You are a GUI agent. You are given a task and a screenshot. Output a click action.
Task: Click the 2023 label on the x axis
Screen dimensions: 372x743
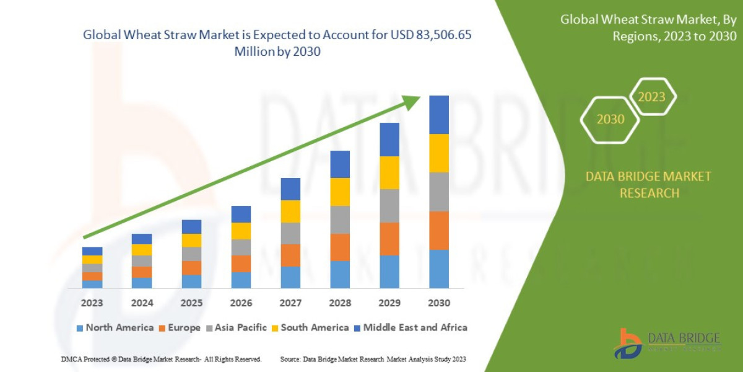click(x=92, y=303)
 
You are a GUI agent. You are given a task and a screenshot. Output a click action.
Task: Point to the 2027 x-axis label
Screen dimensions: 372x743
click(x=290, y=303)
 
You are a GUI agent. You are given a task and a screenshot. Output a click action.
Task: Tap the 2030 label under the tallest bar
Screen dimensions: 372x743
click(x=438, y=303)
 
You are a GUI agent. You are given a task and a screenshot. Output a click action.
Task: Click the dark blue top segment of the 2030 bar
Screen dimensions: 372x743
click(x=439, y=115)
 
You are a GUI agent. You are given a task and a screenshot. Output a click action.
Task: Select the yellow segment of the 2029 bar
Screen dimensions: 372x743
click(x=389, y=172)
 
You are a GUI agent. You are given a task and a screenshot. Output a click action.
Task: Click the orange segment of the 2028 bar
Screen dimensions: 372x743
click(x=340, y=247)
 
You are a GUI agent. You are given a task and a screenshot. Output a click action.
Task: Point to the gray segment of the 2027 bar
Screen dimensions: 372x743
click(x=290, y=233)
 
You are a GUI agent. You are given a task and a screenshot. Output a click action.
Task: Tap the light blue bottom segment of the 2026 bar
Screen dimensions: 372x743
click(x=241, y=280)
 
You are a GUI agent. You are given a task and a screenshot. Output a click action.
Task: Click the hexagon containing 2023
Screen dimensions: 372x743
click(x=651, y=97)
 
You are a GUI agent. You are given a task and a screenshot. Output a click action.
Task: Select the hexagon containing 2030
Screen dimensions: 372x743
click(x=610, y=119)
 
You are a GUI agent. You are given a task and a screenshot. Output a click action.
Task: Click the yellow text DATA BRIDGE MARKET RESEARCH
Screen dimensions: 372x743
click(x=648, y=185)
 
